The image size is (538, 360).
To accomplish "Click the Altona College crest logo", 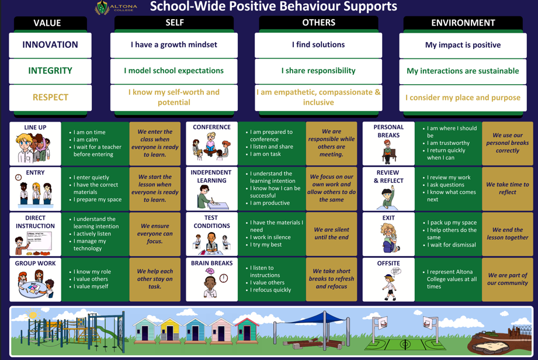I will click(x=102, y=8).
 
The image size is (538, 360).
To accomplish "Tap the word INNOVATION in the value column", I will click(x=50, y=45).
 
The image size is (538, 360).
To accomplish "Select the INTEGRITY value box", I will click(x=50, y=71).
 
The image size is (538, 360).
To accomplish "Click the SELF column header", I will click(x=174, y=23).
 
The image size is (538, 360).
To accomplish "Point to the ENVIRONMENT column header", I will click(x=463, y=23).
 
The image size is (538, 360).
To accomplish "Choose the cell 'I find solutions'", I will click(x=318, y=45).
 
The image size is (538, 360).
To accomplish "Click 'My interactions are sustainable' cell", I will click(x=463, y=71).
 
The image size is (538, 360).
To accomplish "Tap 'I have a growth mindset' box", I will click(x=174, y=45).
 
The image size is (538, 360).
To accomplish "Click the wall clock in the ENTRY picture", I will click(x=19, y=178).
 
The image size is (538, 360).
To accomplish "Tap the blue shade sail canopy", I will click(x=313, y=319).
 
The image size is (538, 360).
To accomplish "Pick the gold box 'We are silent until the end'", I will click(x=331, y=234).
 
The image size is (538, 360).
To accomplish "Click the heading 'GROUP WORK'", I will click(x=36, y=264).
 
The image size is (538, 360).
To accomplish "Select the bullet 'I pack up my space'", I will click(x=452, y=223).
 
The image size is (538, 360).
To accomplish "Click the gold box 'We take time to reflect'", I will click(x=507, y=188).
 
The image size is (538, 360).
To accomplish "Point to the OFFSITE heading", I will click(x=388, y=264).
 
